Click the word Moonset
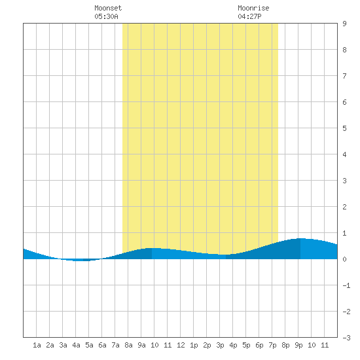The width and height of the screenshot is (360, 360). (x=108, y=9)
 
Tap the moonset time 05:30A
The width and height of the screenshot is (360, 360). (x=106, y=17)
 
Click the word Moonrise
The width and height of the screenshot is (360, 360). (x=253, y=9)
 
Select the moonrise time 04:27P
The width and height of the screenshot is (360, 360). (x=249, y=17)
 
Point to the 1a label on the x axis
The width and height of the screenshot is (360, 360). (x=37, y=345)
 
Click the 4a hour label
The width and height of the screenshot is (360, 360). (x=76, y=345)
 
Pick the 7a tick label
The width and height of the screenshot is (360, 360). (x=115, y=345)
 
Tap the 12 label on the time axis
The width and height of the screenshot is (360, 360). (x=181, y=345)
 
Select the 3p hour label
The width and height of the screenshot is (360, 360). (x=220, y=345)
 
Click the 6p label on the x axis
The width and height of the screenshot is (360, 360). (x=259, y=345)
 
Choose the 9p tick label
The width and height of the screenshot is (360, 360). (x=298, y=345)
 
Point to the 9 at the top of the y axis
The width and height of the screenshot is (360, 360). (x=344, y=24)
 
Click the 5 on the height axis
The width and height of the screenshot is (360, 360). (x=344, y=128)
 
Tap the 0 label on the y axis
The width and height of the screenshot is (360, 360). (x=344, y=259)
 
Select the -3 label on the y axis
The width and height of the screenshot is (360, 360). (x=346, y=338)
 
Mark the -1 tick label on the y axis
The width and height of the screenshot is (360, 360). (x=346, y=285)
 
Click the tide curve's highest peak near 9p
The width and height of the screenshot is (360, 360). (x=301, y=238)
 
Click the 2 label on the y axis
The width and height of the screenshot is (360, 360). (x=344, y=207)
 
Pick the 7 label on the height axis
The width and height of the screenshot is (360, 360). (x=344, y=76)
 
